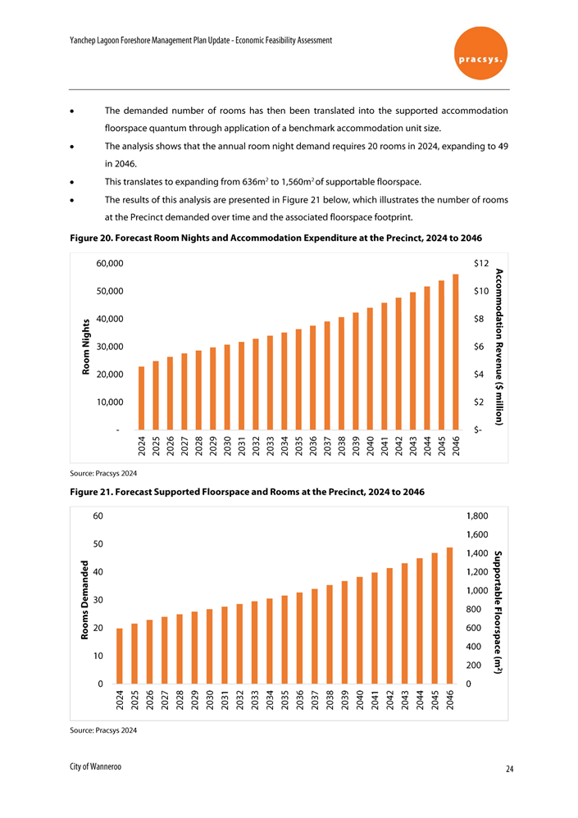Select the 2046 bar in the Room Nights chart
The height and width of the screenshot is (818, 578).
(455, 352)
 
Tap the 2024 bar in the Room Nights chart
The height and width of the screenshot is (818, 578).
(142, 398)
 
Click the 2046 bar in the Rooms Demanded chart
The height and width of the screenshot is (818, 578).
(449, 616)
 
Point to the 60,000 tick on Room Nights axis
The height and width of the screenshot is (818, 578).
(110, 264)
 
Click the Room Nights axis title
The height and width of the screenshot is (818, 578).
(85, 348)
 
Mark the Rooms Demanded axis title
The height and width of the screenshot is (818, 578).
(85, 601)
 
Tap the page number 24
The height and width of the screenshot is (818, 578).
(510, 769)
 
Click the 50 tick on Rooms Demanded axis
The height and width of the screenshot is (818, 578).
(98, 543)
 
